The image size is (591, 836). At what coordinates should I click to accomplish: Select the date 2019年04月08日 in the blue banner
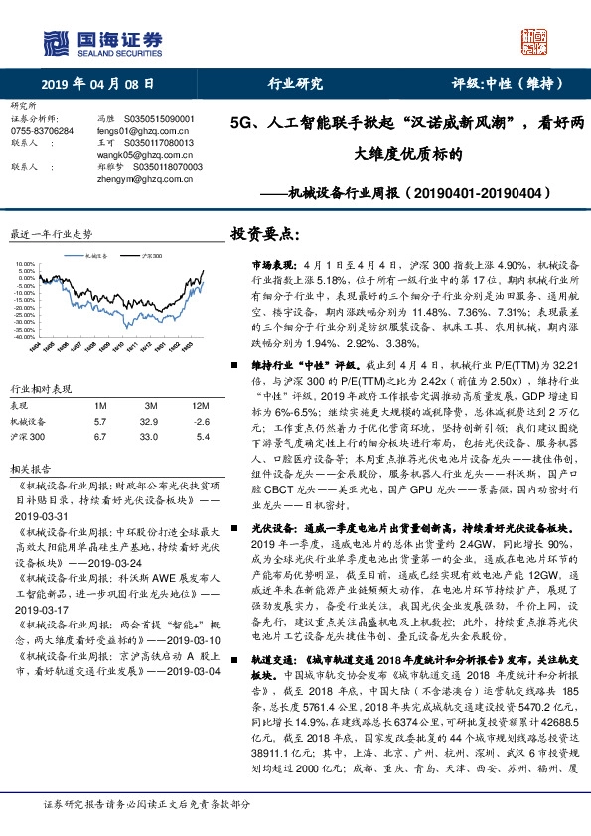[x=97, y=83]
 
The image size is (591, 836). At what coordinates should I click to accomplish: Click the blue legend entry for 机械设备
[x=97, y=254]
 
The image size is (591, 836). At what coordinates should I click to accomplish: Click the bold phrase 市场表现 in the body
[x=257, y=267]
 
